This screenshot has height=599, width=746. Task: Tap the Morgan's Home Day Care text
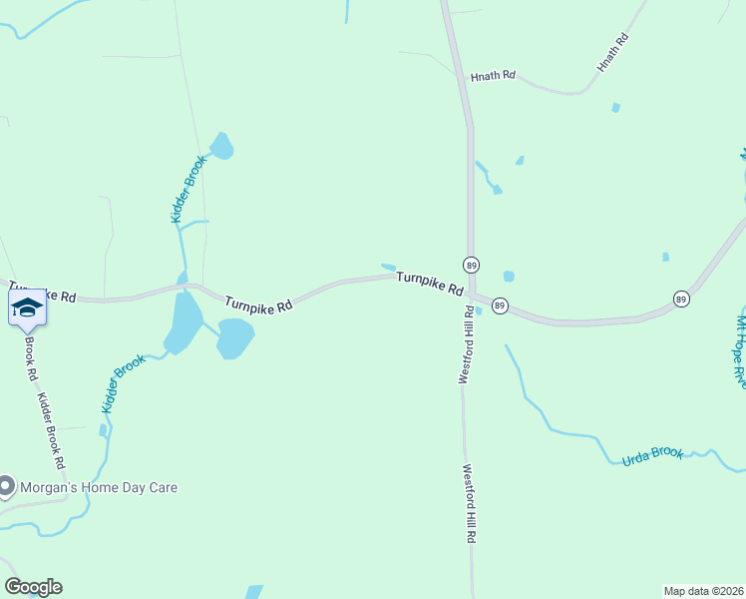(87, 487)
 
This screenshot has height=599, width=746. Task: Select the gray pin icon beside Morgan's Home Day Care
(7, 486)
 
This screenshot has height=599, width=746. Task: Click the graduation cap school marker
(27, 307)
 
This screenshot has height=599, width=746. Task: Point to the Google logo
(33, 587)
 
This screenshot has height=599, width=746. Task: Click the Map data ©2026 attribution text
(703, 590)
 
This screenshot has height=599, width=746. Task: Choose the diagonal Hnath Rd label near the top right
(613, 52)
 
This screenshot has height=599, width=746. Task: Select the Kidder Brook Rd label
(51, 431)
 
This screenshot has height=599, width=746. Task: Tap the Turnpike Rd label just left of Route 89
(430, 284)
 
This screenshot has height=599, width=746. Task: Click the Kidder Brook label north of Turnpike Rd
(186, 188)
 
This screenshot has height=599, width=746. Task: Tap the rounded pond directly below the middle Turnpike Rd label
(235, 338)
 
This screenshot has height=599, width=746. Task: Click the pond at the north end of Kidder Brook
(220, 146)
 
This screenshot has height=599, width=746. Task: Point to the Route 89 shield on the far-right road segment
(681, 299)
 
